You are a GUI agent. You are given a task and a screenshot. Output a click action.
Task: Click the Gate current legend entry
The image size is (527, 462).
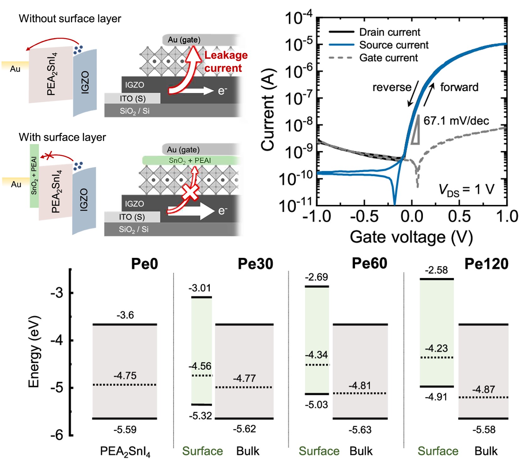[x=374, y=58]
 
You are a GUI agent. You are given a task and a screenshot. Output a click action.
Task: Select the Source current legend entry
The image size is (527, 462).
[x=379, y=45]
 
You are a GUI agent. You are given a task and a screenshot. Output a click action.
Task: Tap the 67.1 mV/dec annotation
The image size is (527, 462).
[x=456, y=121]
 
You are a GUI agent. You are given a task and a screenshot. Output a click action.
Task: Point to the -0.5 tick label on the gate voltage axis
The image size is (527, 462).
[x=364, y=217]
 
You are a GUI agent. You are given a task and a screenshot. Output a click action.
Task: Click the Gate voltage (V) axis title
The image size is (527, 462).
[x=411, y=237]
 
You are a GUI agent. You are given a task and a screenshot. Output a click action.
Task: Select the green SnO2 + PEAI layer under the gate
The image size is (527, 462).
[x=191, y=160]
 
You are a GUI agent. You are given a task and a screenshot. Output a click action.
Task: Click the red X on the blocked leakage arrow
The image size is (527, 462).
[x=190, y=192]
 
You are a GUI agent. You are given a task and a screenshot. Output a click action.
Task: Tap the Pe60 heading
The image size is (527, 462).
[x=369, y=263]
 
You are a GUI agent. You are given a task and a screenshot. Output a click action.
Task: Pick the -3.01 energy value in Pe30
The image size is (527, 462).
[x=200, y=288]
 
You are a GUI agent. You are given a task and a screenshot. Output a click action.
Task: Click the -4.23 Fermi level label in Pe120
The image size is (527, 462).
[x=436, y=348]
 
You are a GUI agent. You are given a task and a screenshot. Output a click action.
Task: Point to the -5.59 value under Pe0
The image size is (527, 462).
[x=125, y=429]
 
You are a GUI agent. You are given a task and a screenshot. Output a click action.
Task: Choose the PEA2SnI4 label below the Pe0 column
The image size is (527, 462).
[x=125, y=452]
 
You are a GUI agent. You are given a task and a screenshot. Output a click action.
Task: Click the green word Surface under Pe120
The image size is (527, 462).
[x=438, y=451]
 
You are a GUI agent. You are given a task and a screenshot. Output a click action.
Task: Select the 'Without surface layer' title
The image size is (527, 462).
[x=70, y=19]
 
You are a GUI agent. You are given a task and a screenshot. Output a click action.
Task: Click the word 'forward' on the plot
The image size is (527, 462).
[x=459, y=87]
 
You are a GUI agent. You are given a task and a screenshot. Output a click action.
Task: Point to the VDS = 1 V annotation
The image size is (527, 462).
[x=466, y=190]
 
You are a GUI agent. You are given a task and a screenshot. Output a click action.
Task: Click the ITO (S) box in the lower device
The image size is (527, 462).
[x=132, y=217]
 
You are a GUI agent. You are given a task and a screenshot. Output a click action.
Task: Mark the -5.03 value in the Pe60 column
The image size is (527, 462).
[x=316, y=405]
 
